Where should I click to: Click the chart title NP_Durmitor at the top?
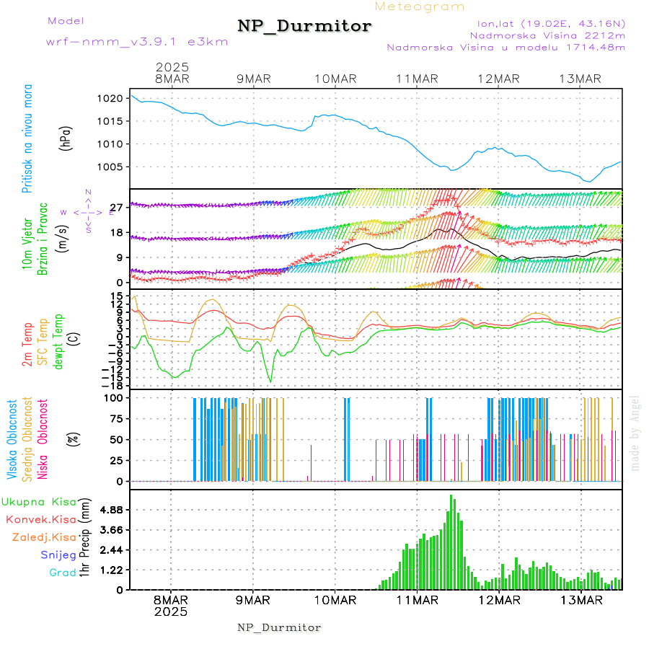304,27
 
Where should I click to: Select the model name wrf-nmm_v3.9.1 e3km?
137,42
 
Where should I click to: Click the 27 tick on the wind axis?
117,207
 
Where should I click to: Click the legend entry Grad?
63,573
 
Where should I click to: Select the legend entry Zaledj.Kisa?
44,537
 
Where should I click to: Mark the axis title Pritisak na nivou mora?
27,141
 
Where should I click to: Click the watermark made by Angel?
635,433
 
